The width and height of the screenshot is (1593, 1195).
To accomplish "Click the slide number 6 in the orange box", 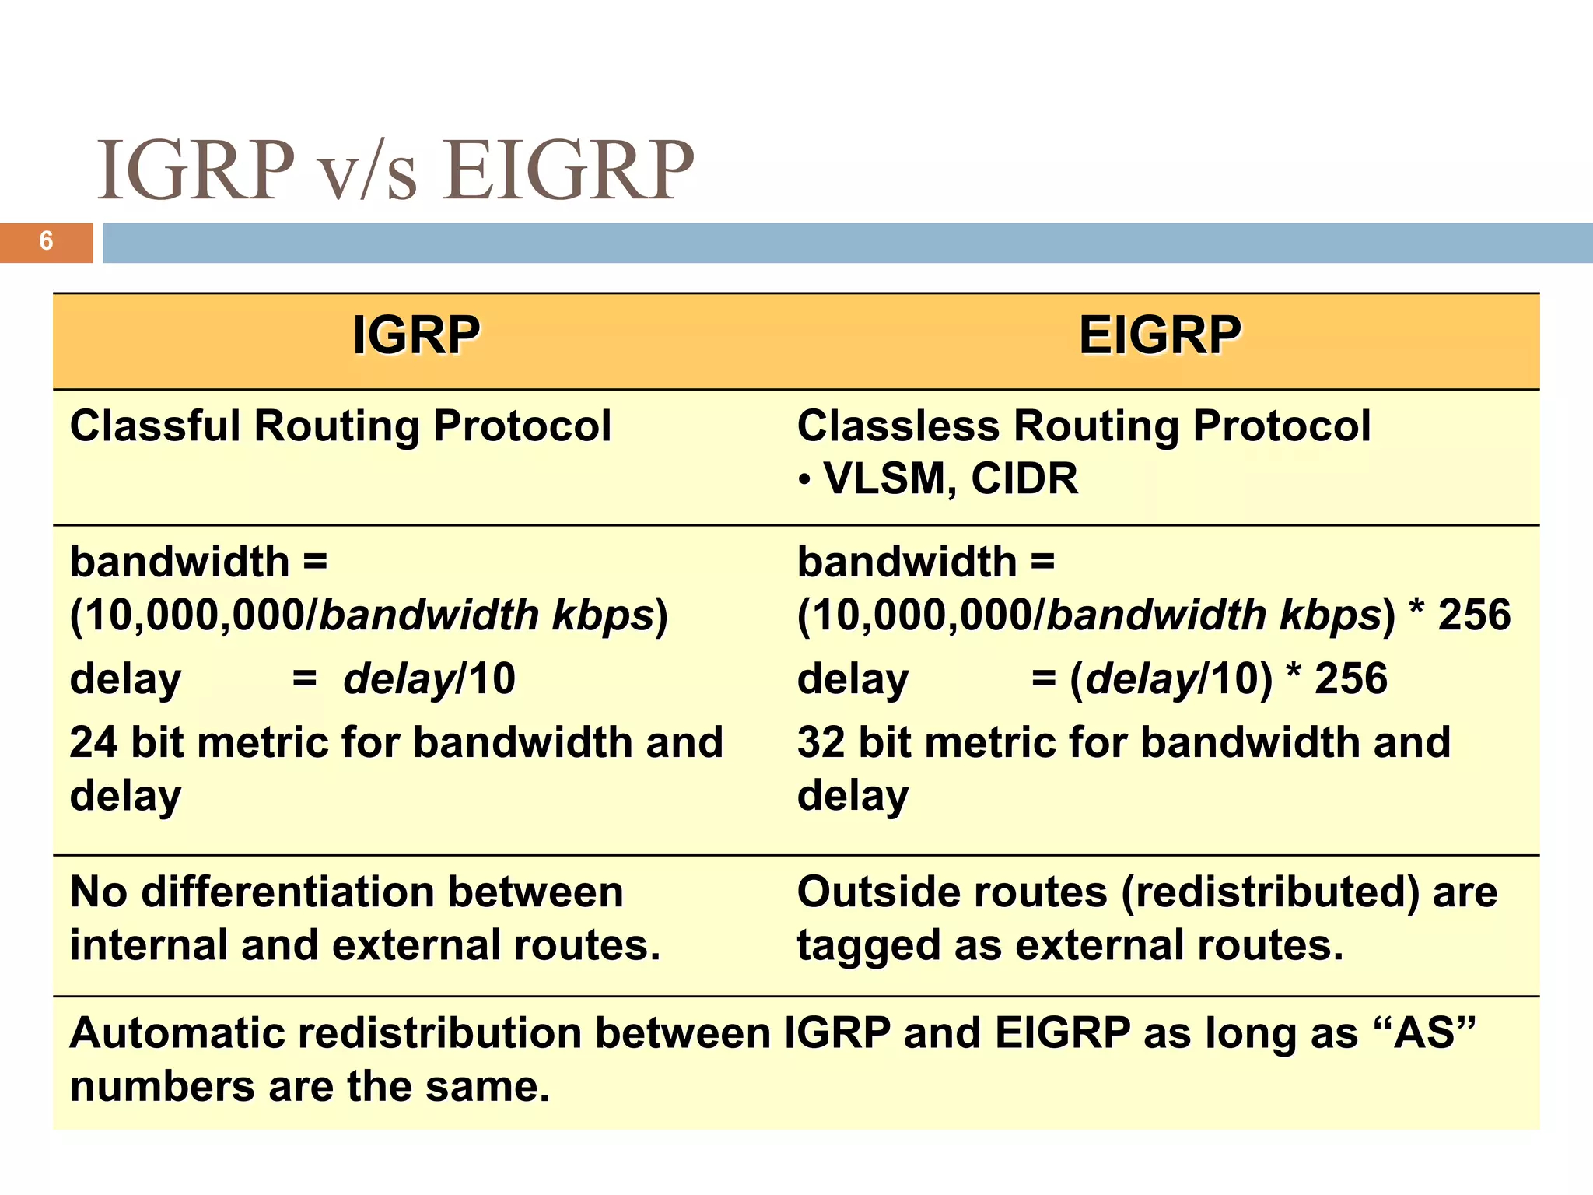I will click(46, 241).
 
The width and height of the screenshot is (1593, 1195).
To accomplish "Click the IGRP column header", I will click(416, 336).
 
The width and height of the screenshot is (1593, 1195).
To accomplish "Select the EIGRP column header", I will click(1160, 336).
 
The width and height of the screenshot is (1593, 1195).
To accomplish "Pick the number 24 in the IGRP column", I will click(93, 742).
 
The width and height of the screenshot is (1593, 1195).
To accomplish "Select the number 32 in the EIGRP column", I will click(821, 742).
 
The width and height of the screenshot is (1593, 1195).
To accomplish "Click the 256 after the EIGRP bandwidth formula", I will click(1474, 615).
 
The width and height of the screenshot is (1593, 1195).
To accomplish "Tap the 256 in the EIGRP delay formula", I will click(1350, 678).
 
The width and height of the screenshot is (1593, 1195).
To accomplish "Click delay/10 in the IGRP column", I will click(429, 678).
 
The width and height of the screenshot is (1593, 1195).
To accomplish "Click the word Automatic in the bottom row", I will click(177, 1033).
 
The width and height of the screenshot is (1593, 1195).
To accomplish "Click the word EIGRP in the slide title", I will click(568, 170).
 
